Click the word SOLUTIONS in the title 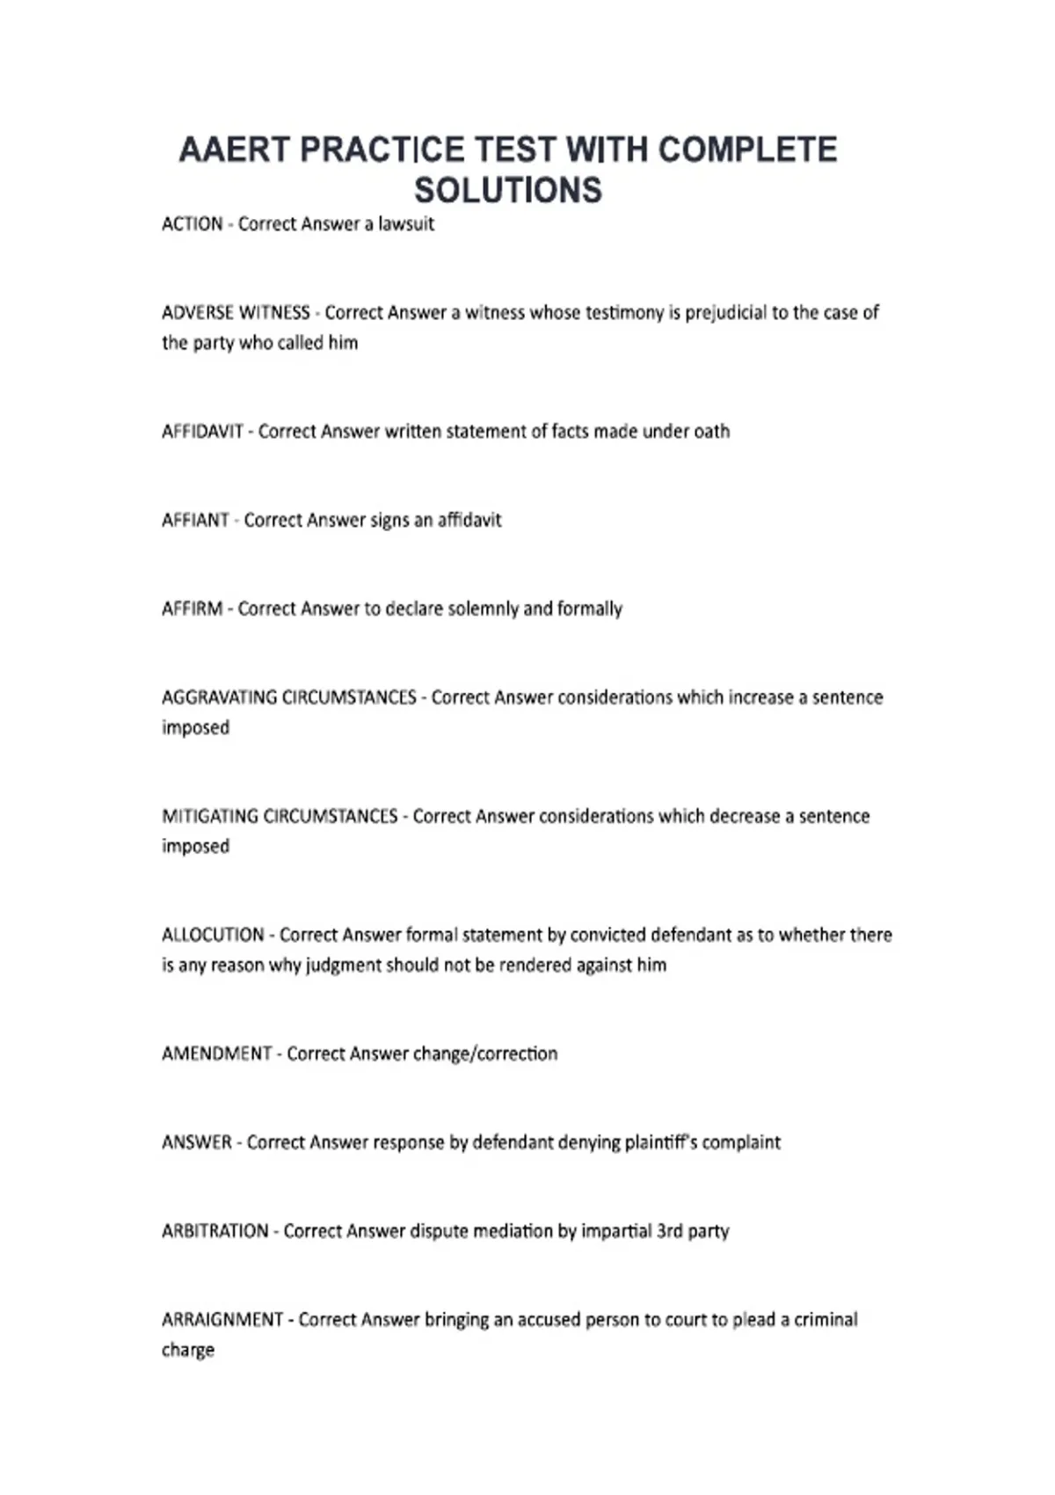[508, 191]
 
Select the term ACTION [192, 224]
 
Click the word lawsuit [406, 224]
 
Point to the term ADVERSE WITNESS [236, 313]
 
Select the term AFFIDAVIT [202, 432]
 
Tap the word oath [711, 432]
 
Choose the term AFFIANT [195, 521]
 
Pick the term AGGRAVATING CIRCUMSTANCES [288, 698]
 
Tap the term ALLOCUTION [213, 936]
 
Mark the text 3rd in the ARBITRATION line [669, 1232]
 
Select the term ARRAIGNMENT [222, 1321]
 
